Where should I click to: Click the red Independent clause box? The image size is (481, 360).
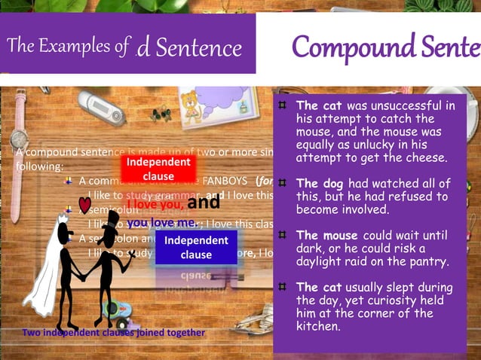[x=158, y=169]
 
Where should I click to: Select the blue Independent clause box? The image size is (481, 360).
[x=196, y=248]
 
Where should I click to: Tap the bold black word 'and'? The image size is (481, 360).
[x=204, y=202]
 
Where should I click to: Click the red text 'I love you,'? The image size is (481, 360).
[x=155, y=204]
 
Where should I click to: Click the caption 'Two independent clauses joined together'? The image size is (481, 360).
[x=113, y=332]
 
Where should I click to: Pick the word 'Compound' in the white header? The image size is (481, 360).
[x=338, y=47]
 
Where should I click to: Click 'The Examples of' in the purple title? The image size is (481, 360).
[x=68, y=47]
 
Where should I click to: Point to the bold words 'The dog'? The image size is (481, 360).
[x=320, y=184]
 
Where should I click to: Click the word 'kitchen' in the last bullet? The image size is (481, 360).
[x=317, y=327]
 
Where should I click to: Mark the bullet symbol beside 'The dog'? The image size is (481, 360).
[x=281, y=183]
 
